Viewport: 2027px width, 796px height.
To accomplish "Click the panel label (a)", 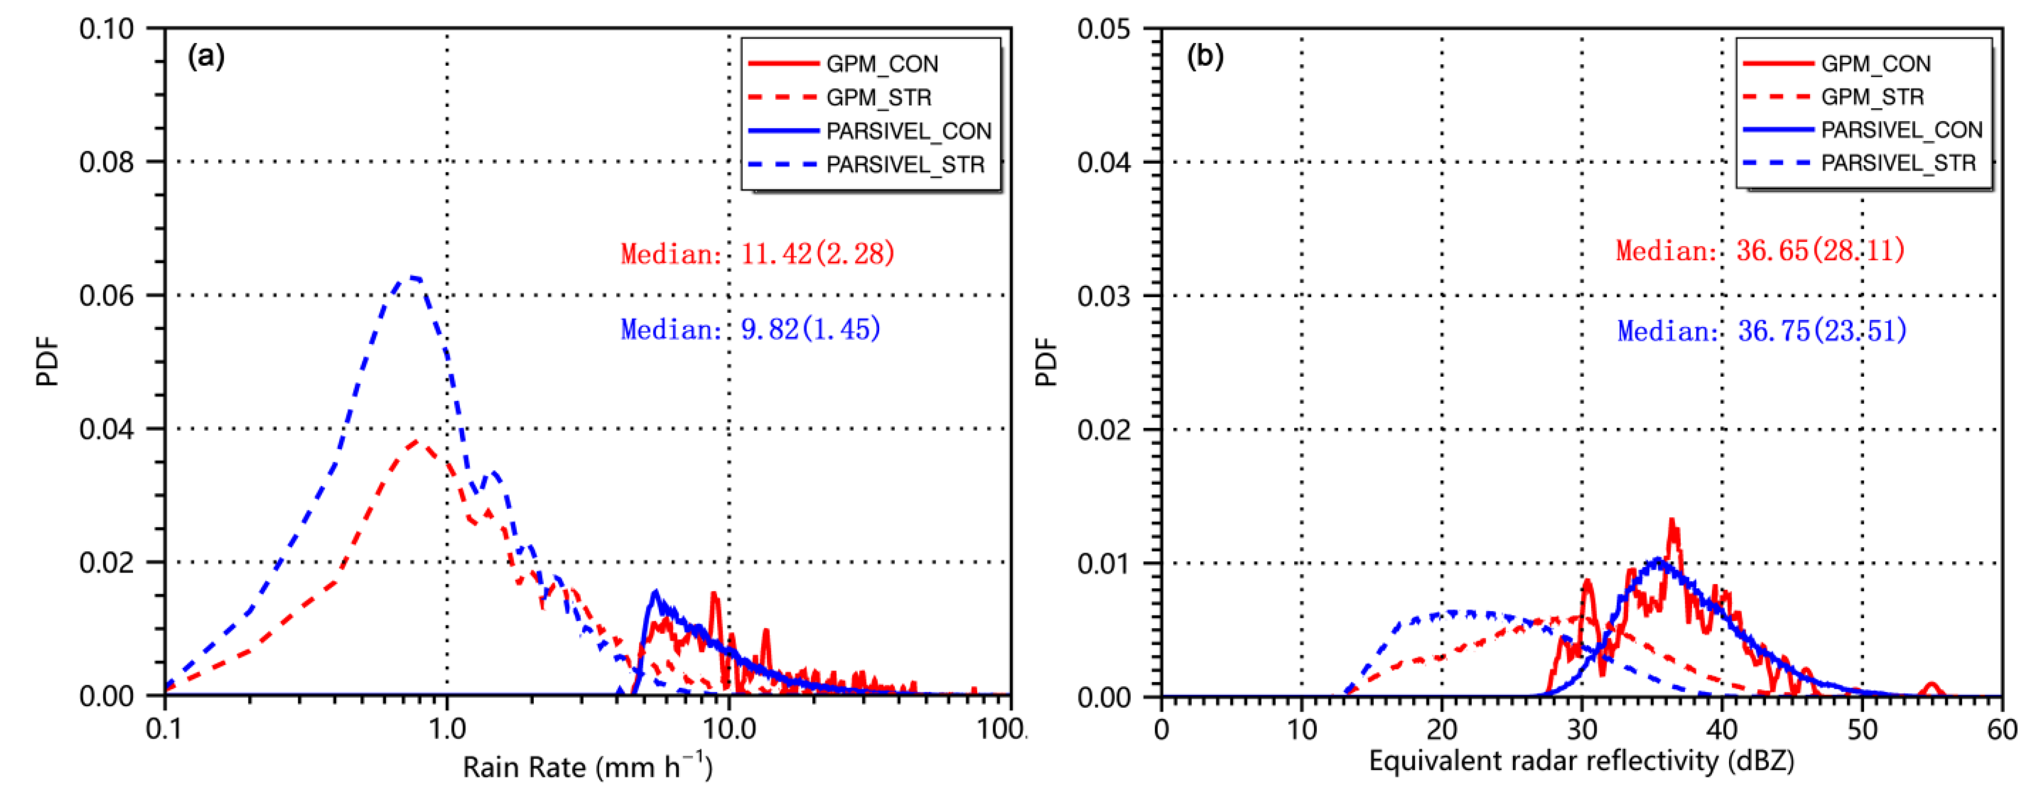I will pyautogui.click(x=206, y=56).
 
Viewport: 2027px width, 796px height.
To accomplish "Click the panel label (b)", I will pyautogui.click(x=1205, y=56).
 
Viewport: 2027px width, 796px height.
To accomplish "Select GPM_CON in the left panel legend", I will pyautogui.click(x=881, y=64).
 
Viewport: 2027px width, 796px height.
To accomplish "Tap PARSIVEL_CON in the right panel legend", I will pyautogui.click(x=1901, y=130).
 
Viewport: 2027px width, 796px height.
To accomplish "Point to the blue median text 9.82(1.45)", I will pyautogui.click(x=811, y=329).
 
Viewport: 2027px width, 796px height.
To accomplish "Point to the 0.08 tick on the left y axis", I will pyautogui.click(x=107, y=162).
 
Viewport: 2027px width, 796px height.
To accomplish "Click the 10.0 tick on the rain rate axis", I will pyautogui.click(x=729, y=729).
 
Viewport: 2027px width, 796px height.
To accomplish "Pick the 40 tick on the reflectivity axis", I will pyautogui.click(x=1722, y=729).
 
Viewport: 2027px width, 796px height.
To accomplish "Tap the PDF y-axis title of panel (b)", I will pyautogui.click(x=1046, y=362).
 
